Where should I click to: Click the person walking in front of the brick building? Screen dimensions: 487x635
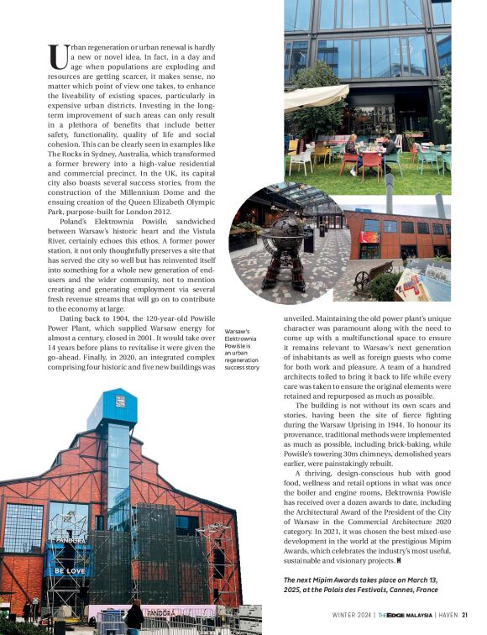(x=134, y=617)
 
